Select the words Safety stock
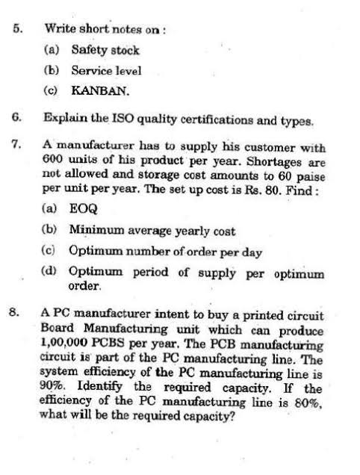click(x=105, y=50)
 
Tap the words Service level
click(x=106, y=71)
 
